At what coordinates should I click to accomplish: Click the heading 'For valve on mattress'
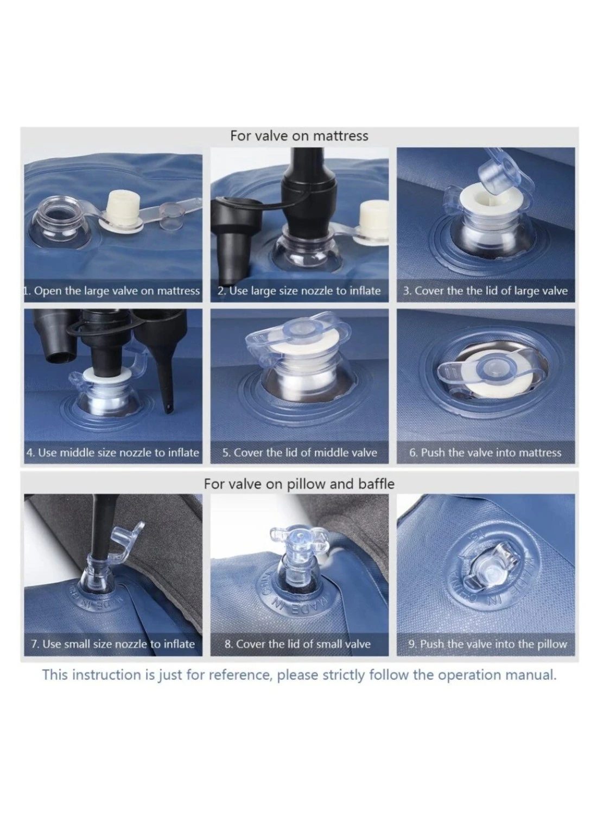click(x=298, y=136)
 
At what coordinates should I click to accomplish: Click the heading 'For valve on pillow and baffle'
click(x=298, y=484)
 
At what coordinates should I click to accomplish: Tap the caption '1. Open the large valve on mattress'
click(x=112, y=291)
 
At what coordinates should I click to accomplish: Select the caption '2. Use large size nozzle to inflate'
click(x=298, y=291)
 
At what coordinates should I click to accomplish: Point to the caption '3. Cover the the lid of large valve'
click(x=485, y=291)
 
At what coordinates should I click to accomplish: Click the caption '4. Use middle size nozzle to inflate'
click(x=113, y=453)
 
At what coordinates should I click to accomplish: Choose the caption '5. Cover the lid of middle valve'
click(x=300, y=453)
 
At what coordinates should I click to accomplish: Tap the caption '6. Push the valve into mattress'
click(x=485, y=453)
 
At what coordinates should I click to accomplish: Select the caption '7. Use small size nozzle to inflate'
click(x=113, y=644)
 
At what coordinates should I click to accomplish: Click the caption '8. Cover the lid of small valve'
click(x=297, y=644)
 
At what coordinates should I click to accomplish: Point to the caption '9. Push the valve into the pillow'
click(x=487, y=644)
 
